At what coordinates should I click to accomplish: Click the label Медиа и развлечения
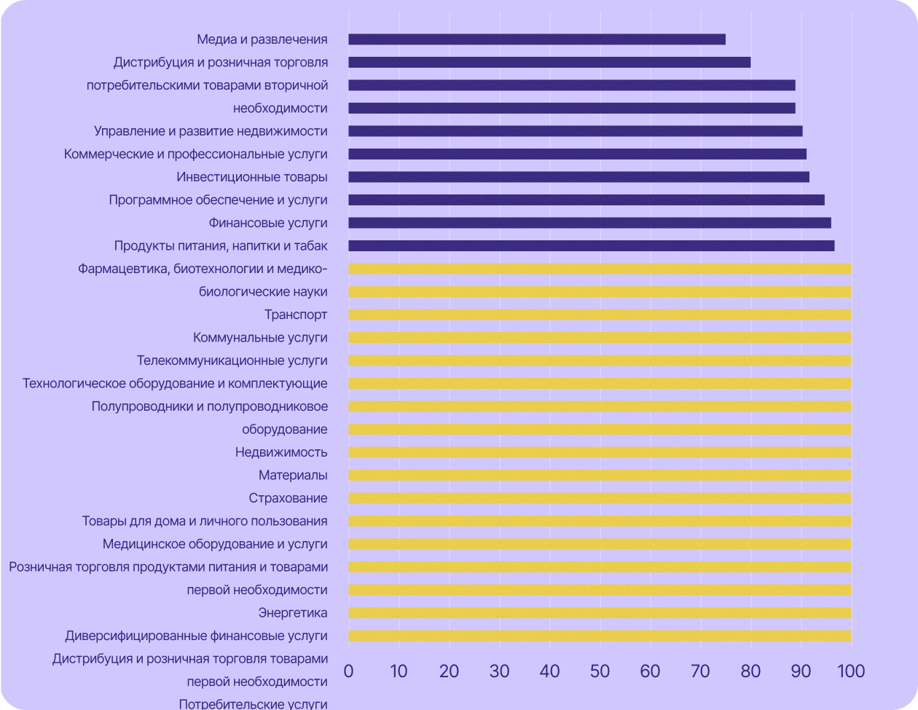click(262, 39)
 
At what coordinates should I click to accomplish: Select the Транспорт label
click(296, 315)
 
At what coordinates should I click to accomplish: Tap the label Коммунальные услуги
click(260, 338)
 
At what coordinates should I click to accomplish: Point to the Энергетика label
click(292, 612)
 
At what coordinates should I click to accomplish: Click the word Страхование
click(288, 498)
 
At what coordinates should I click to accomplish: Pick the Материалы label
click(293, 476)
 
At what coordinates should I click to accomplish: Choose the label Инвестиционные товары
click(251, 177)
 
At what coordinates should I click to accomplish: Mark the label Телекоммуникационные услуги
click(232, 360)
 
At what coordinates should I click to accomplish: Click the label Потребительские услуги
click(253, 704)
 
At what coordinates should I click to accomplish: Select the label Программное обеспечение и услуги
click(218, 200)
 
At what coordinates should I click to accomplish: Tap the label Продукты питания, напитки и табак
click(221, 245)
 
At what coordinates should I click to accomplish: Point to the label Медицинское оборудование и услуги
click(215, 544)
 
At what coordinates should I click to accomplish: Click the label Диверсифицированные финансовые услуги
click(196, 636)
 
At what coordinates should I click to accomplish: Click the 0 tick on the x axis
click(349, 671)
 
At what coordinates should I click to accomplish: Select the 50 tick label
click(600, 671)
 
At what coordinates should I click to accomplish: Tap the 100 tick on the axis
click(850, 671)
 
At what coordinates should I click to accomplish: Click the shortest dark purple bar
click(537, 39)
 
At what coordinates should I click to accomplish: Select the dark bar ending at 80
click(549, 63)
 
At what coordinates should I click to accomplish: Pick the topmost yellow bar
click(600, 269)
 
